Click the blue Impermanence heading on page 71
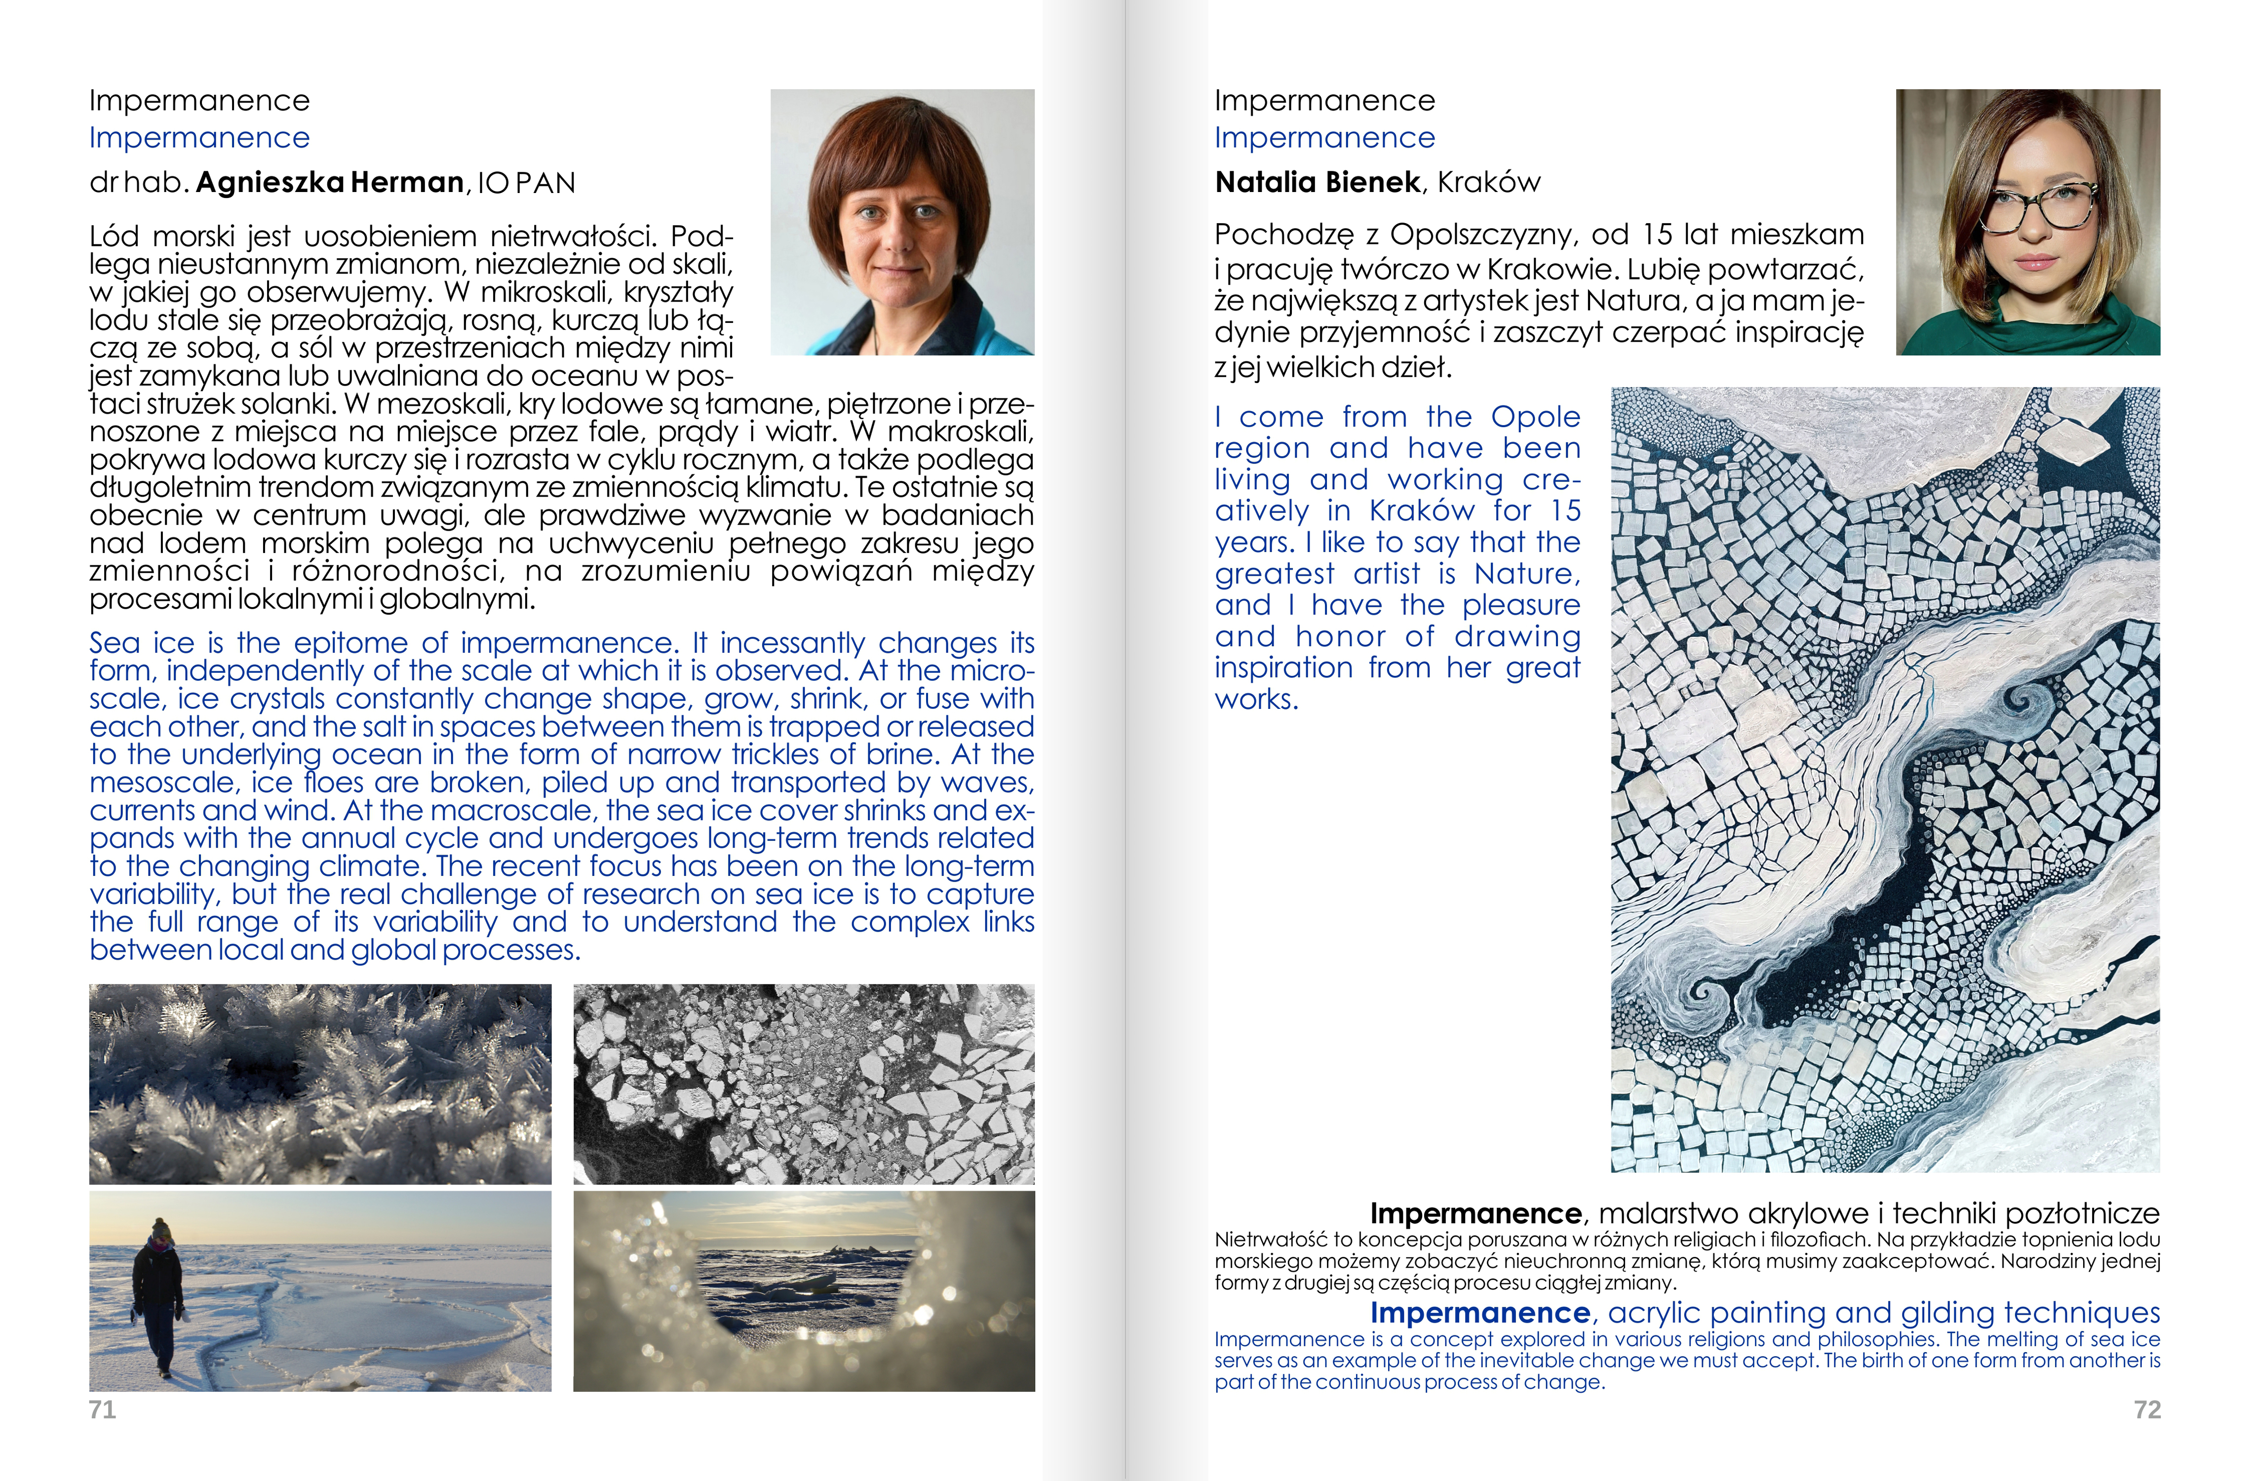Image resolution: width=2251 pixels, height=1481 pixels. click(x=199, y=138)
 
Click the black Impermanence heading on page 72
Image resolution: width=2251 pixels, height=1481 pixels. click(x=1324, y=100)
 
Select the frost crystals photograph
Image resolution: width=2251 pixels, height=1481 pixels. click(x=320, y=1084)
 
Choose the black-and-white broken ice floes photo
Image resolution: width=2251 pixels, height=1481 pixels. click(x=804, y=1084)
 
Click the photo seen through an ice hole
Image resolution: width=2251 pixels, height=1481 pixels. click(x=804, y=1291)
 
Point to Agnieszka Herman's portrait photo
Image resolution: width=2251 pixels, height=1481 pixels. click(x=902, y=222)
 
